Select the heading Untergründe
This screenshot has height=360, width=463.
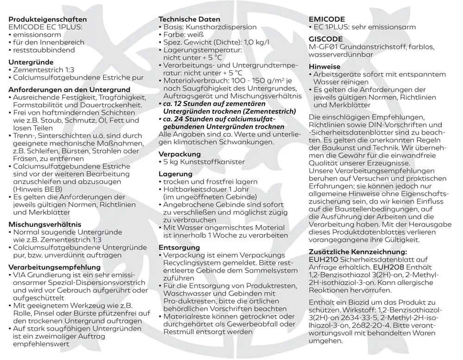click(x=31, y=62)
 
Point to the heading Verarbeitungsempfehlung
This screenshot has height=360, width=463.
click(x=54, y=267)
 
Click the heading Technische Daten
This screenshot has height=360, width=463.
click(x=187, y=19)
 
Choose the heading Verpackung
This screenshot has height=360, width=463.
click(x=180, y=154)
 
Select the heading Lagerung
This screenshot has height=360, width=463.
click(x=175, y=174)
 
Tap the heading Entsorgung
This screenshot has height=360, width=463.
click(x=179, y=248)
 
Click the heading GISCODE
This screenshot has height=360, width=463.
click(x=326, y=39)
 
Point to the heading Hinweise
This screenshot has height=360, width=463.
click(x=325, y=67)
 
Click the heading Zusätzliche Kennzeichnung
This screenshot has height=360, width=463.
click(x=358, y=252)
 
